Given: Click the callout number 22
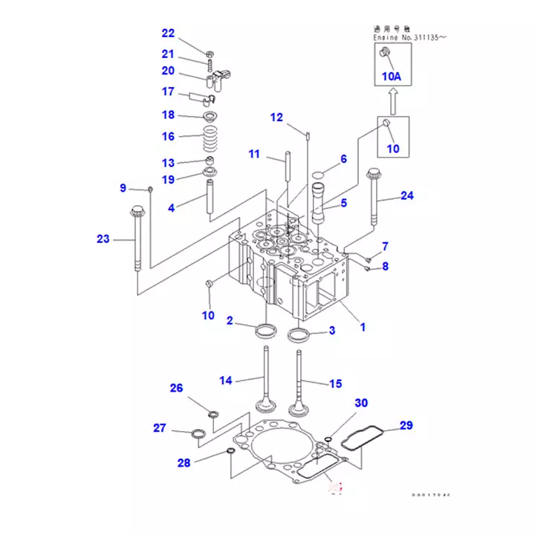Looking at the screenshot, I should pos(168,33).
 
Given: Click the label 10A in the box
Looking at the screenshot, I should pos(391,76).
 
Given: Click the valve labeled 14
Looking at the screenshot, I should pos(265,379).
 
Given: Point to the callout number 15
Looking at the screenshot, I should pos(336,383).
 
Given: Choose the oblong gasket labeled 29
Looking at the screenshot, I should pos(364,436).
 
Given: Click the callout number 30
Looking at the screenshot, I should pos(360,403).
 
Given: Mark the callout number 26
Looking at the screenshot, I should pos(176,388).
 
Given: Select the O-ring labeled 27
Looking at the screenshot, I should pos(198,433).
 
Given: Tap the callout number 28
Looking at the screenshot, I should pos(184,463).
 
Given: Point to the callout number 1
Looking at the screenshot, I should pos(363,326).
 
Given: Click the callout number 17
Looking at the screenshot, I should pos(168,92).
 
